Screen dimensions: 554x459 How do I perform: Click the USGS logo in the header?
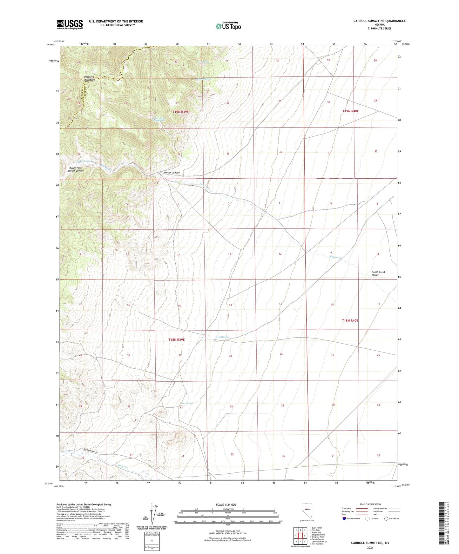click(70, 24)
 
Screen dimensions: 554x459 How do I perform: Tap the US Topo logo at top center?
click(228, 26)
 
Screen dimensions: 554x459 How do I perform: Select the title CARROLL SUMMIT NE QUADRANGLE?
click(379, 21)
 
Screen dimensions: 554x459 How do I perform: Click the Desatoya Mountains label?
click(90, 78)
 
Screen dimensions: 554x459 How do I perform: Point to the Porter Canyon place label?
click(172, 173)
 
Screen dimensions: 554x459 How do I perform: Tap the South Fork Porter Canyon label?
click(76, 169)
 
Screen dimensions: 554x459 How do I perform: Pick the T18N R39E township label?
click(176, 340)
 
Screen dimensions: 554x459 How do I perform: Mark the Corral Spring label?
click(222, 337)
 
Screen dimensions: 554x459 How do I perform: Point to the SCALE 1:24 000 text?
click(226, 505)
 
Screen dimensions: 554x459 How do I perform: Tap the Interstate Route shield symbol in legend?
click(345, 518)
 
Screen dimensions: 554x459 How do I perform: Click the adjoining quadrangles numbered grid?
click(300, 536)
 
